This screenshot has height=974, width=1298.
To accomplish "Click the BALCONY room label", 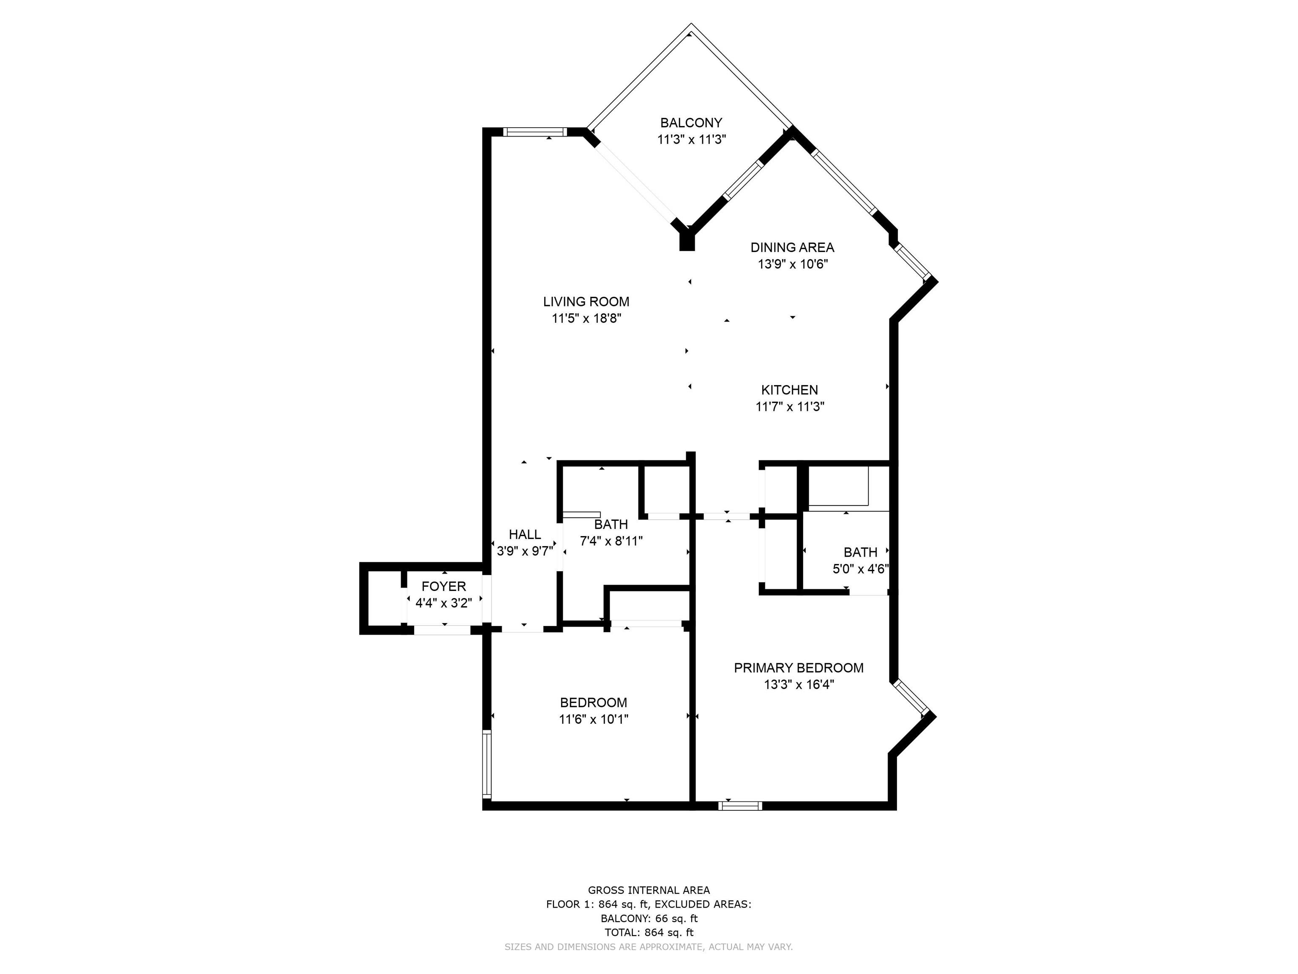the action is (x=691, y=123).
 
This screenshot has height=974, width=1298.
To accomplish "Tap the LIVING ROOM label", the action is (x=586, y=302).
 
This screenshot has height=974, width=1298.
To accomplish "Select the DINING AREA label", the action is (x=792, y=247).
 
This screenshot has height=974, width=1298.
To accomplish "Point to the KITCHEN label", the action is (x=789, y=390).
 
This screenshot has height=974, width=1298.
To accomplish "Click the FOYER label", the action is (x=444, y=586).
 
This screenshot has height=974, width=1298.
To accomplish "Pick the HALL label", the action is (x=525, y=534).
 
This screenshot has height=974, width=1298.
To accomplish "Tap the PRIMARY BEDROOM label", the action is (x=799, y=668).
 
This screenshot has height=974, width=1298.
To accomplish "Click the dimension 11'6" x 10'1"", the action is (x=593, y=719).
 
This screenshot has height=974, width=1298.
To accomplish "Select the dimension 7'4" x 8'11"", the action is (x=611, y=541).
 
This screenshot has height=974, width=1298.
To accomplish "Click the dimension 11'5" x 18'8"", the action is (x=586, y=319).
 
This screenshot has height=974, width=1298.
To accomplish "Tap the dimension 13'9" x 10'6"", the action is (x=792, y=264).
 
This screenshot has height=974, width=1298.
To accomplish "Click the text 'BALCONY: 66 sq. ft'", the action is (x=649, y=919).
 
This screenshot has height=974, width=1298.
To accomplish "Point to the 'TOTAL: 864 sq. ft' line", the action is (x=649, y=932).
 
